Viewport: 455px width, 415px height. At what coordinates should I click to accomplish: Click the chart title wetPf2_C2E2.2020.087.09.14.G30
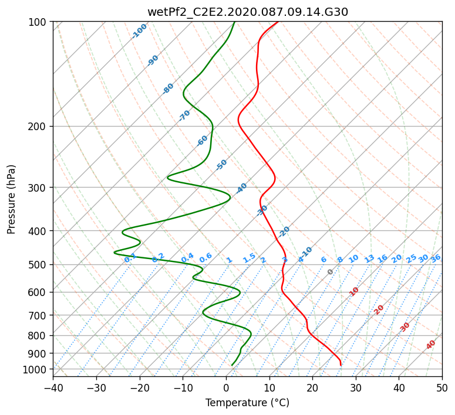coord(248,12)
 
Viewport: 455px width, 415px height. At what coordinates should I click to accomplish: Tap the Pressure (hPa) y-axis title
coord(11,199)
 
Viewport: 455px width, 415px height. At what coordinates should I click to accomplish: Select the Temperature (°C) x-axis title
coord(248,403)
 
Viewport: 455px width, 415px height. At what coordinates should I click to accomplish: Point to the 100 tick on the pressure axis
coord(37,22)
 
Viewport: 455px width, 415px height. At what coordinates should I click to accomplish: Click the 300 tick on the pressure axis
coord(37,188)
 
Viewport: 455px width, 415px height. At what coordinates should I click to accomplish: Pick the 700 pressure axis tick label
coord(37,315)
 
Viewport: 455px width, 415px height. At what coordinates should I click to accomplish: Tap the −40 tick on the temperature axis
coord(53,387)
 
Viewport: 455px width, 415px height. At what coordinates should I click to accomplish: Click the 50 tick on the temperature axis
coord(442,387)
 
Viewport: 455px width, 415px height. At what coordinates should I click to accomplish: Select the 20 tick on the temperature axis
coord(312,387)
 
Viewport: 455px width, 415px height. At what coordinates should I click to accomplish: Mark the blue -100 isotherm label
coord(139,31)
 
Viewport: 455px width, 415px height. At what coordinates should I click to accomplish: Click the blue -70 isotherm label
coord(184,115)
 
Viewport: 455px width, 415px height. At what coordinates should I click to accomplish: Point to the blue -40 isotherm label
coord(241,188)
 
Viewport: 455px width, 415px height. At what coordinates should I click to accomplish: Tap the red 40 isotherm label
coord(431,345)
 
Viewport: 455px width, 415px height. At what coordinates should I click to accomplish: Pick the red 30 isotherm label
coord(405,327)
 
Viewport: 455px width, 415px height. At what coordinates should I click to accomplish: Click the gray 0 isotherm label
coord(330,272)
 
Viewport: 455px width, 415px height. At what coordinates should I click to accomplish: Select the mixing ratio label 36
coord(436,258)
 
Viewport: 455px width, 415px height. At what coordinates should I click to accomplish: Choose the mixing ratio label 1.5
coord(249,258)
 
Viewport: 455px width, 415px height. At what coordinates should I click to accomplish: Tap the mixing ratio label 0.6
coord(205,258)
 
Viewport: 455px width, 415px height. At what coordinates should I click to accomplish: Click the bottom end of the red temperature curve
coord(341,365)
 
